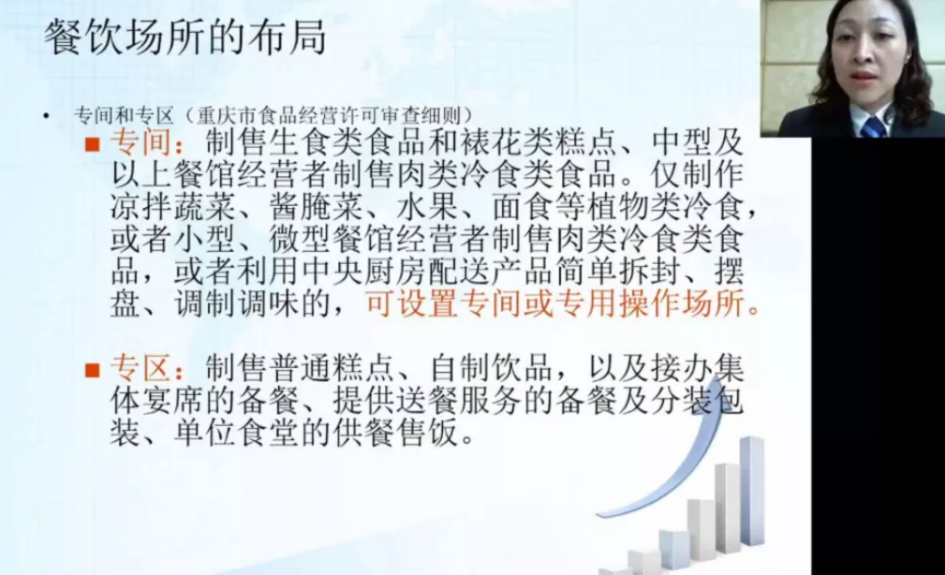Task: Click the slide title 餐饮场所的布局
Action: [x=185, y=37]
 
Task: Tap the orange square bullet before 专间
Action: [x=92, y=144]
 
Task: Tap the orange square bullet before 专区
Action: [x=92, y=370]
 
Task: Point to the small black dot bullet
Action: [x=47, y=115]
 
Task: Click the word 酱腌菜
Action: [x=317, y=207]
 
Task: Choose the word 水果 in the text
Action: [x=428, y=207]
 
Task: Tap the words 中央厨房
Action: [x=365, y=272]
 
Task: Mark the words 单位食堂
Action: [x=238, y=433]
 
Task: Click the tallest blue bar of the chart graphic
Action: [x=752, y=491]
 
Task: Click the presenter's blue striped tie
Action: [x=872, y=126]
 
